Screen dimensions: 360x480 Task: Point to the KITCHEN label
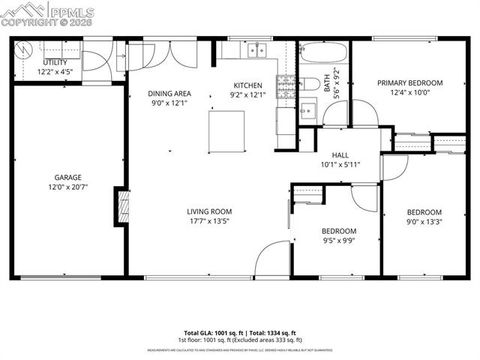coord(248,85)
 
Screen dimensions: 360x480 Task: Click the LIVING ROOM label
coord(209,211)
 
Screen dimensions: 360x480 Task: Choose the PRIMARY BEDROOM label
coord(409,83)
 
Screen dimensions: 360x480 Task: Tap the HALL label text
coord(340,155)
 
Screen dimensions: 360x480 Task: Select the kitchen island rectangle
coord(225,128)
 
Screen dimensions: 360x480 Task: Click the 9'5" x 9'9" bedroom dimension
coord(338,241)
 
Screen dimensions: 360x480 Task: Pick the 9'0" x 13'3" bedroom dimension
coord(424,222)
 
